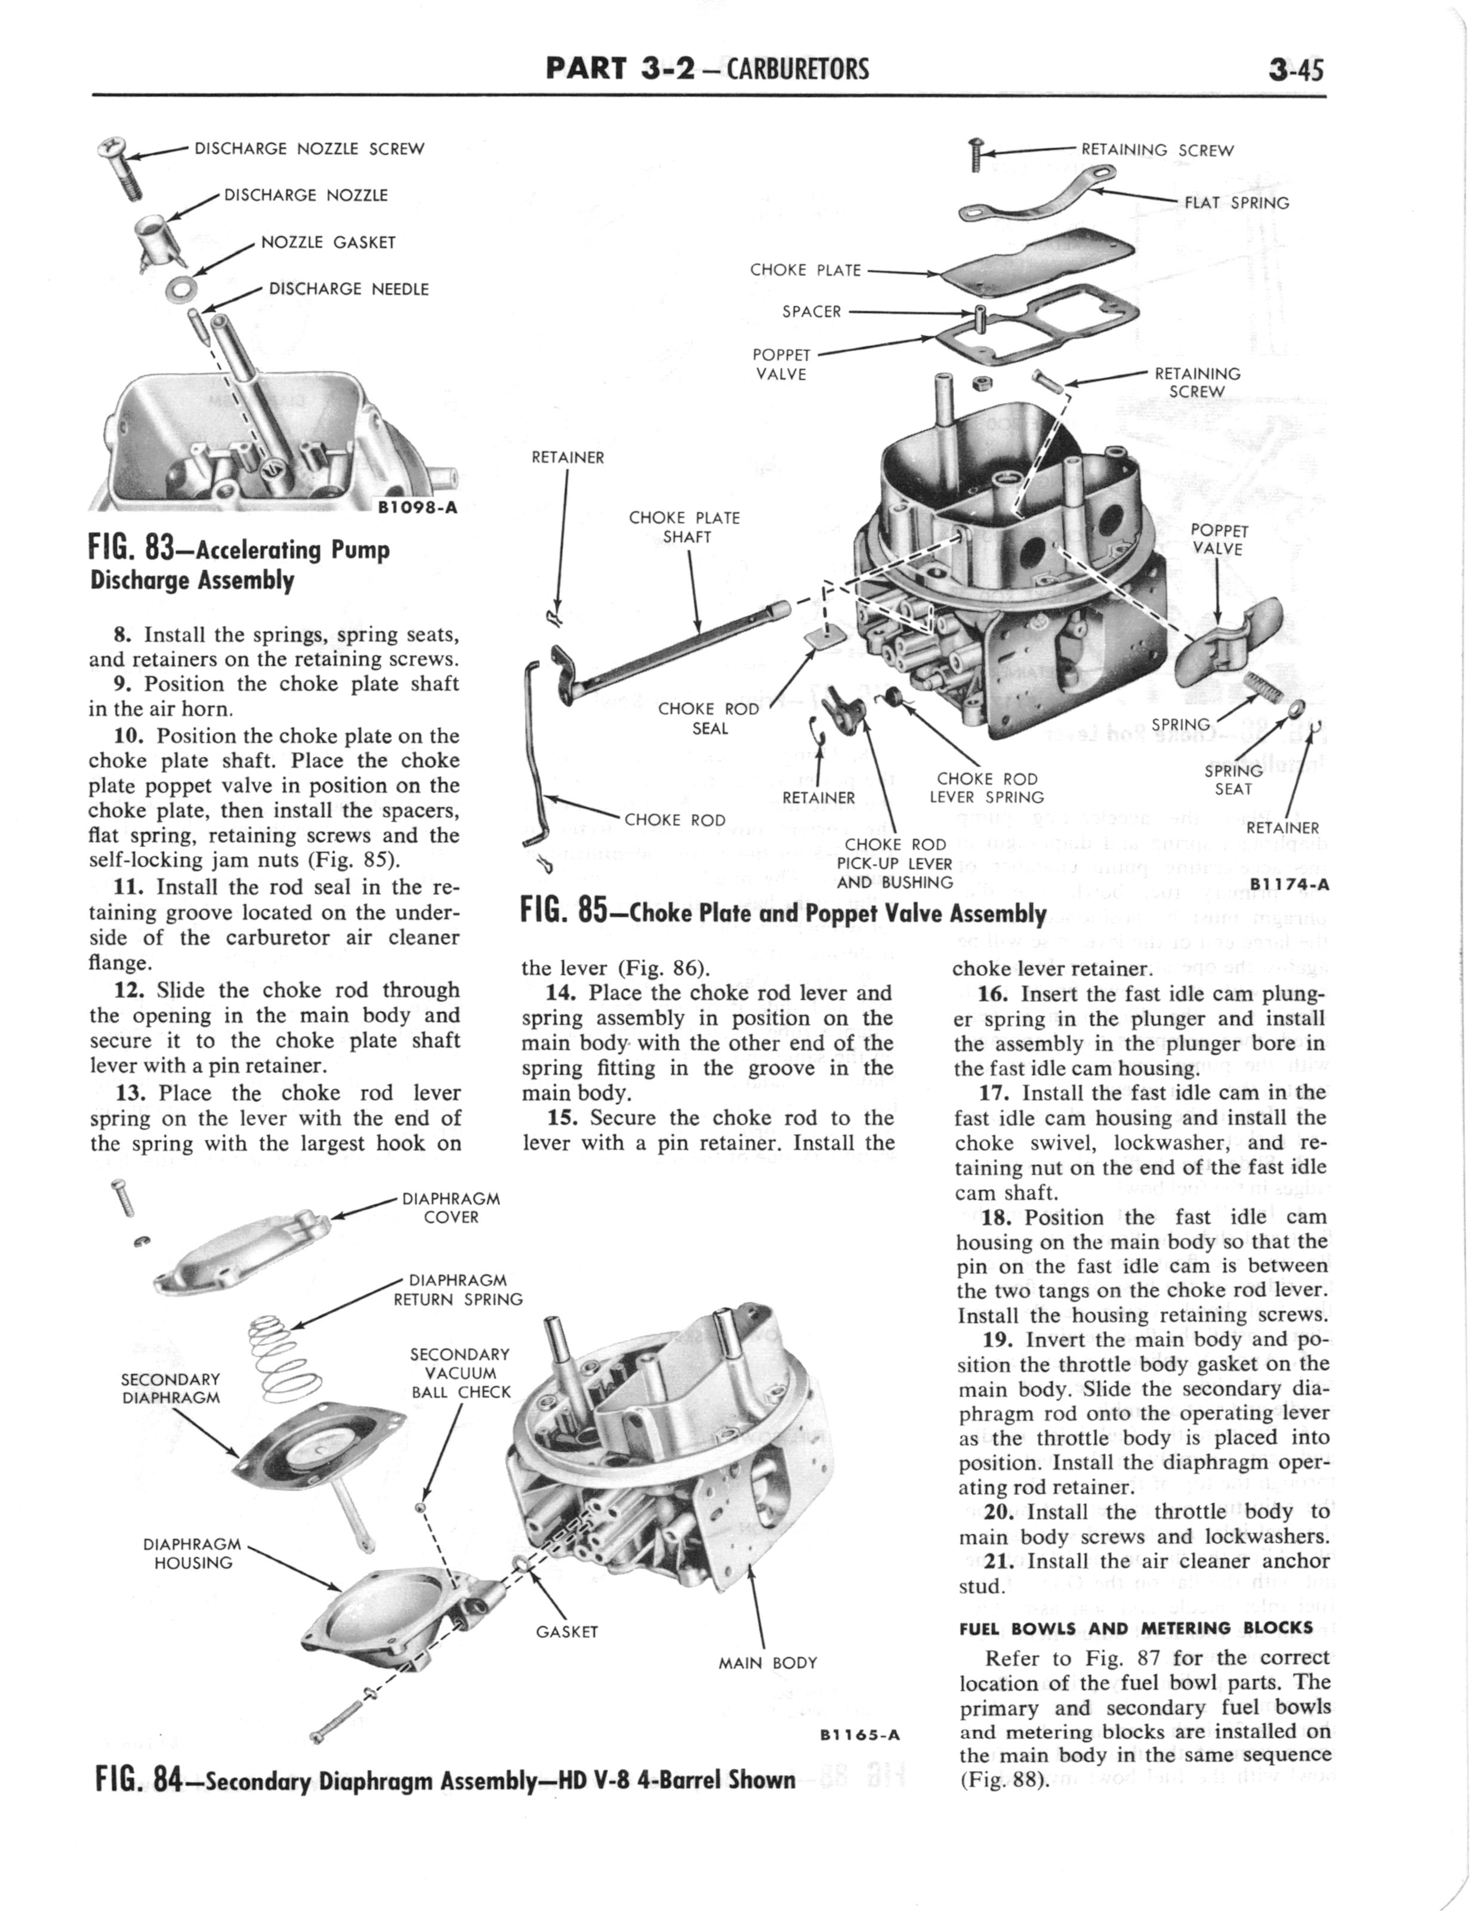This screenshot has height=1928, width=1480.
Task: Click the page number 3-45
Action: coord(1296,68)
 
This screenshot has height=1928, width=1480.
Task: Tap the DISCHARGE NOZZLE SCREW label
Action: coord(309,149)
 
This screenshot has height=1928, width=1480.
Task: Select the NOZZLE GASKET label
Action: coord(328,242)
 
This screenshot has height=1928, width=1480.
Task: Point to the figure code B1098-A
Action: coord(416,507)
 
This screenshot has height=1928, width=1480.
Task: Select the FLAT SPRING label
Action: coord(1236,202)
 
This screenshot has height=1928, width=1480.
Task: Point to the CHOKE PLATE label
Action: coord(805,270)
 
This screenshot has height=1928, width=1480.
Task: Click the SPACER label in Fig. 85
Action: coord(812,311)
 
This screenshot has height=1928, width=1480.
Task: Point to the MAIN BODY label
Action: coord(767,1663)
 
